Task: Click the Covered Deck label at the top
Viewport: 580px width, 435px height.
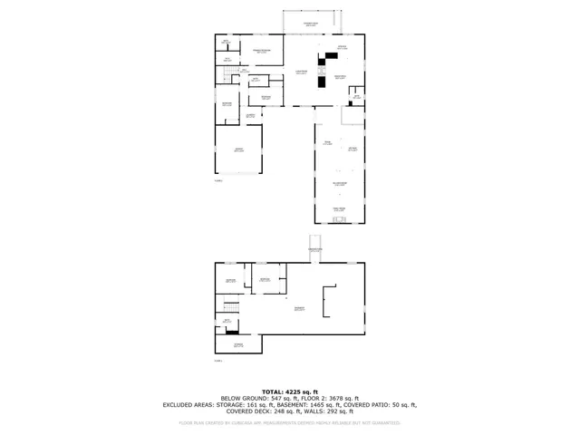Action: tap(310, 24)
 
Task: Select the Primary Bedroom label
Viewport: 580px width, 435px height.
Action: tap(262, 52)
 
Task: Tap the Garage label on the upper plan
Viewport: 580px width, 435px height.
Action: tap(238, 150)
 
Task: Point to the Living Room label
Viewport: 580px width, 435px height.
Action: tap(302, 72)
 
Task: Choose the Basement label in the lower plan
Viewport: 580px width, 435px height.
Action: tap(298, 309)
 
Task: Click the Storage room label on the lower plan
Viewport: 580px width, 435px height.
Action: tap(238, 345)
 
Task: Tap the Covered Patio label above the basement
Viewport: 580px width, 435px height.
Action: tap(314, 249)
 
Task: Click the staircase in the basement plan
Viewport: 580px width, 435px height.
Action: tap(229, 307)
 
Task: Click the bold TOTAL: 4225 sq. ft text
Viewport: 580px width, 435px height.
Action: tap(290, 391)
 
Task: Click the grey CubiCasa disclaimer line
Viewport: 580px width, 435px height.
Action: tap(290, 422)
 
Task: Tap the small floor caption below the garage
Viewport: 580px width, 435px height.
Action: tap(218, 181)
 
